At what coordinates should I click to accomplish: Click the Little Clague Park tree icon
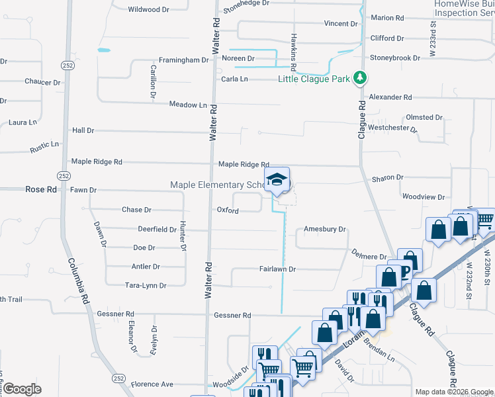pyautogui.click(x=360, y=79)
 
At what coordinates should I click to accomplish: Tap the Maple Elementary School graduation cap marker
pyautogui.click(x=277, y=179)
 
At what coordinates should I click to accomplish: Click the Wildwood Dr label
pyautogui.click(x=148, y=9)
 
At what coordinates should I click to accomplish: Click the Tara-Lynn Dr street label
pyautogui.click(x=146, y=285)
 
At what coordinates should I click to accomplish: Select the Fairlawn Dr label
pyautogui.click(x=277, y=269)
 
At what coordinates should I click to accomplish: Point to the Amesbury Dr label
pyautogui.click(x=325, y=229)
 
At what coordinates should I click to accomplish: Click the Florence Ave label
pyautogui.click(x=152, y=384)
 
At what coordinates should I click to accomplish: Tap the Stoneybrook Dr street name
pyautogui.click(x=395, y=58)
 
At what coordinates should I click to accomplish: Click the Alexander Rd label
pyautogui.click(x=390, y=97)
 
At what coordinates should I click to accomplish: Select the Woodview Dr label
pyautogui.click(x=424, y=197)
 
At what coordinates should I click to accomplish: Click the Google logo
pyautogui.click(x=22, y=389)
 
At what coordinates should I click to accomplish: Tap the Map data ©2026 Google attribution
pyautogui.click(x=454, y=392)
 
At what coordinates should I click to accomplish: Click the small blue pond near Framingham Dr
pyautogui.click(x=103, y=50)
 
